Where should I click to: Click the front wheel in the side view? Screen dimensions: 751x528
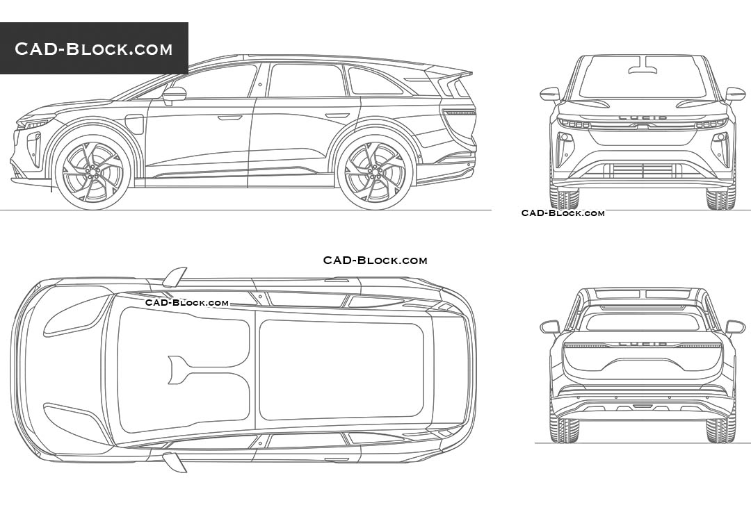click(93, 172)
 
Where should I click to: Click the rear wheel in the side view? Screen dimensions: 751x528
click(375, 172)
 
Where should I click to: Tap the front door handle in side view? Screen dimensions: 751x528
click(230, 117)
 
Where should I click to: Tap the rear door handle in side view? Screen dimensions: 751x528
click(337, 116)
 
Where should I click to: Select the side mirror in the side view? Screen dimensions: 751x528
click(174, 95)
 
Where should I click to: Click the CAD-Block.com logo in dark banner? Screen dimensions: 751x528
click(93, 49)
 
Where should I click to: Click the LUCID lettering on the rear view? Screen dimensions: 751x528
click(643, 344)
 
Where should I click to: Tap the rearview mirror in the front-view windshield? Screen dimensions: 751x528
click(643, 65)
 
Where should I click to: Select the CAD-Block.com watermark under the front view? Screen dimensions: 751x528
click(563, 213)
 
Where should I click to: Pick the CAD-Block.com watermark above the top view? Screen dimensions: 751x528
click(375, 261)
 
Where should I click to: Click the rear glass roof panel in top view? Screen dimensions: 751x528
click(341, 370)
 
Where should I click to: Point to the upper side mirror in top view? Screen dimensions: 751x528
click(173, 277)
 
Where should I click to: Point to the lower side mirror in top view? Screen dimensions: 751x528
click(173, 462)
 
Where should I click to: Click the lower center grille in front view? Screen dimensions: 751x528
click(643, 171)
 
